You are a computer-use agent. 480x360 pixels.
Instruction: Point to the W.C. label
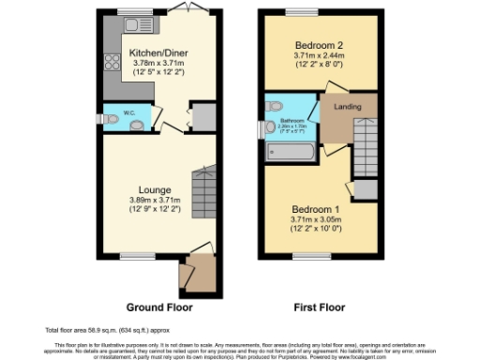(130, 116)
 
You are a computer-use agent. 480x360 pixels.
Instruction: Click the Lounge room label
(156, 189)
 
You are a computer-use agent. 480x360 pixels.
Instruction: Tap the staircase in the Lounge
(202, 187)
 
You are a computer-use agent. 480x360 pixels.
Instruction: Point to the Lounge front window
(136, 255)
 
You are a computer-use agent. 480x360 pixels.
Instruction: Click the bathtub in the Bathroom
(292, 148)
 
